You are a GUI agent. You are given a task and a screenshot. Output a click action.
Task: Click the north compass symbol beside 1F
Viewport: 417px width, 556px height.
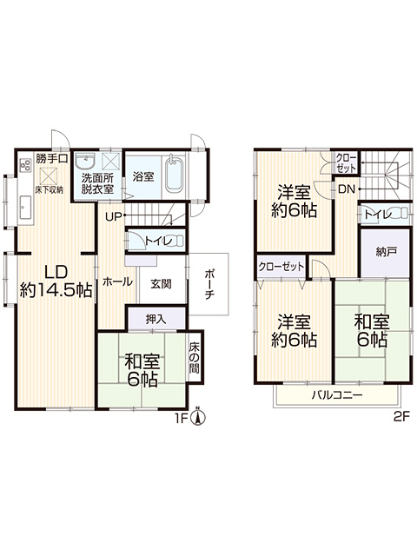pyautogui.click(x=199, y=417)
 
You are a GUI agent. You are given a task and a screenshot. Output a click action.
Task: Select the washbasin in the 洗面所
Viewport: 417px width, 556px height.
pyautogui.click(x=86, y=162)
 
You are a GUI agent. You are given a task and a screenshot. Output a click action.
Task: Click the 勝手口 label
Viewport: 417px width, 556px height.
pyautogui.click(x=52, y=158)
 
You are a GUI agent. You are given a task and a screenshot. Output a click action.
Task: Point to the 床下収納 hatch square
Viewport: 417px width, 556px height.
pyautogui.click(x=46, y=175)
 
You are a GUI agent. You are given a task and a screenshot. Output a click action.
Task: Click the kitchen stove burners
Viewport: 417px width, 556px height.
pyautogui.click(x=25, y=164)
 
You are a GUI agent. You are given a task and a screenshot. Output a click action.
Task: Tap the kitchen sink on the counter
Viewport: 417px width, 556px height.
pyautogui.click(x=26, y=207)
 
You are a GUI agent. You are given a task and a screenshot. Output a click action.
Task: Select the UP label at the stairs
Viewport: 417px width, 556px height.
pyautogui.click(x=114, y=216)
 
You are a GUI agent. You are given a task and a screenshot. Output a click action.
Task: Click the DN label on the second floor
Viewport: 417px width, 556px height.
pyautogui.click(x=347, y=189)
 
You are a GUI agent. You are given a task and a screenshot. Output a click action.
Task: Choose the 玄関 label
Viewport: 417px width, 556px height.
pyautogui.click(x=161, y=284)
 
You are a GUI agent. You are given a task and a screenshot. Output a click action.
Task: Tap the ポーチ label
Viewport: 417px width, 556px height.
pyautogui.click(x=209, y=284)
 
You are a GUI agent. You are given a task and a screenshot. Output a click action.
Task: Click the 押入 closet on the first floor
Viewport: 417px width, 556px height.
pyautogui.click(x=156, y=319)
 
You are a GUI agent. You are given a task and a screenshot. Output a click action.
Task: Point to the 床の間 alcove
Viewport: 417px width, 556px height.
pyautogui.click(x=195, y=356)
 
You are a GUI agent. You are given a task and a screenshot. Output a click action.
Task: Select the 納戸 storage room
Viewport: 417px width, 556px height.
pyautogui.click(x=386, y=253)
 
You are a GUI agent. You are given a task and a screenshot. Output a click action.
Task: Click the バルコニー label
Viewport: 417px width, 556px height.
pyautogui.click(x=337, y=395)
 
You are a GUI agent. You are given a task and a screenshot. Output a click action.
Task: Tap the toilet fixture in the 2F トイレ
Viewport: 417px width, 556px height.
pyautogui.click(x=402, y=214)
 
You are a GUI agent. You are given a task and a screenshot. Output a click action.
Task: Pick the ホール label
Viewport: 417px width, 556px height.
pyautogui.click(x=118, y=281)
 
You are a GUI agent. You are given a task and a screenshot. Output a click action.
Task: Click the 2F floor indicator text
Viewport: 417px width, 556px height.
pyautogui.click(x=401, y=416)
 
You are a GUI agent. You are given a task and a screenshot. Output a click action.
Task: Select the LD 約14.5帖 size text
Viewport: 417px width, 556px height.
pyautogui.click(x=56, y=281)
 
